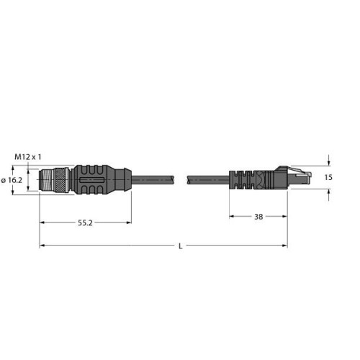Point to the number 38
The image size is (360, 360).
click(257, 215)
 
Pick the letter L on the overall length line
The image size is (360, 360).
click(179, 247)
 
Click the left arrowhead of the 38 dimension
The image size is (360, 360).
click(233, 215)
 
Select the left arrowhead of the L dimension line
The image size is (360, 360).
click(42, 246)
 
